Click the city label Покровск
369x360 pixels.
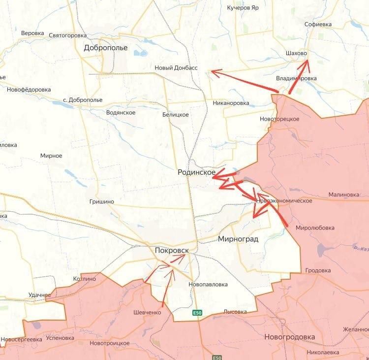[x=171, y=250]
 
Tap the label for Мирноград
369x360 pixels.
[x=238, y=239]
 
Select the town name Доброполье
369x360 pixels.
[x=105, y=48]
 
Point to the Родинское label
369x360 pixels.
[x=197, y=172]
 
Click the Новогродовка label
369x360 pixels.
[x=289, y=337]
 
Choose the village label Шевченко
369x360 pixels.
[x=147, y=312]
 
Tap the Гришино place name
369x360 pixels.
[x=102, y=201]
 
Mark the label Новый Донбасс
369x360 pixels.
[x=176, y=68]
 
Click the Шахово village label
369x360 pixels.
[x=296, y=53]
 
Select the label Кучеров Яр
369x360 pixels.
[x=243, y=8]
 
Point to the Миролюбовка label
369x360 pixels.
[x=315, y=228]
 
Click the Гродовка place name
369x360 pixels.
[x=318, y=270]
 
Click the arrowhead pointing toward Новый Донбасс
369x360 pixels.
[x=213, y=72]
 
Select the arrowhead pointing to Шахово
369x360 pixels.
[x=307, y=62]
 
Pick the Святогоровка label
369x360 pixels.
[x=68, y=35]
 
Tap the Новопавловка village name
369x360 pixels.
[x=208, y=284]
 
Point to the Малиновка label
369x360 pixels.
[x=344, y=195]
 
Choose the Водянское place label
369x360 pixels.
[x=121, y=112]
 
